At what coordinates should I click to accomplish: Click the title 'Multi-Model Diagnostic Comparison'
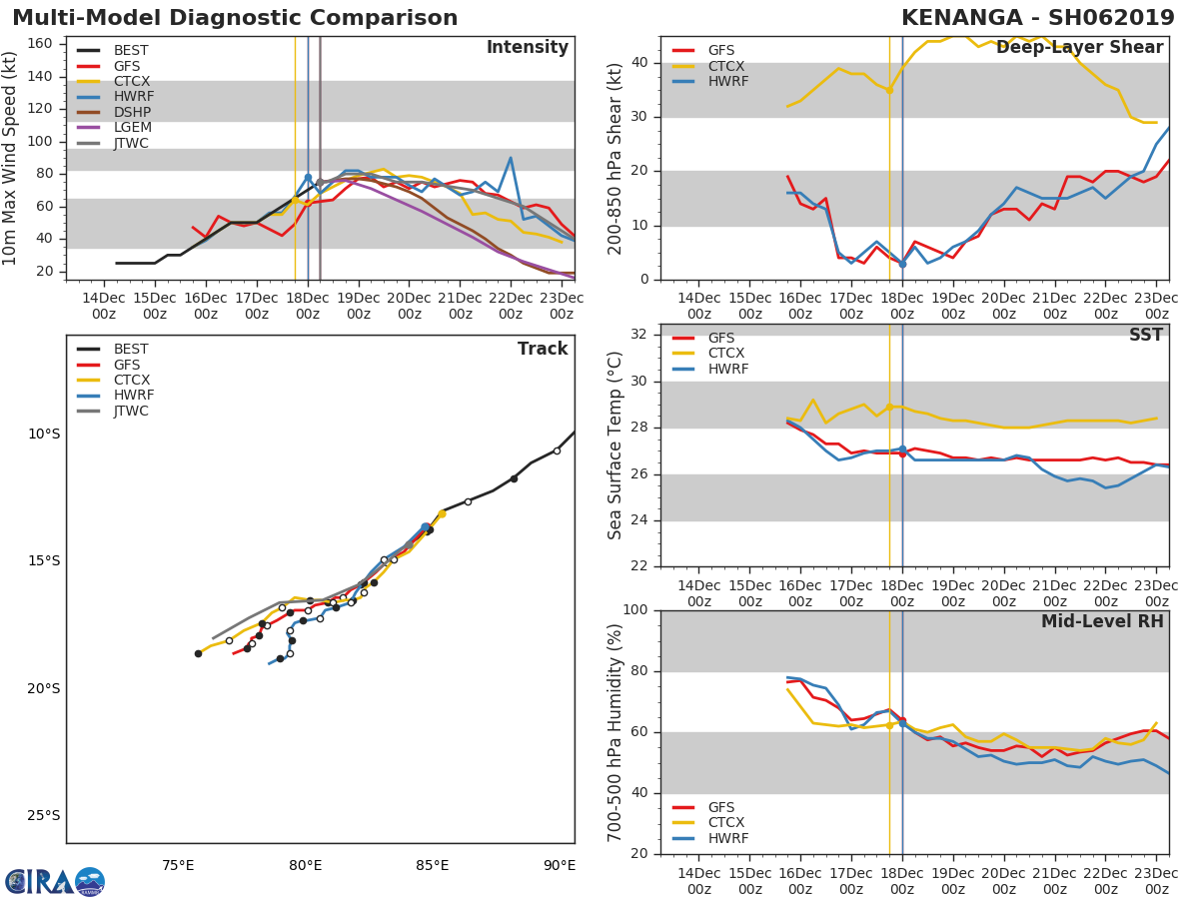pos(235,18)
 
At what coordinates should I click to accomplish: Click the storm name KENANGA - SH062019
pos(1037,18)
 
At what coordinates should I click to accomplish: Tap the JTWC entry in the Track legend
pos(131,411)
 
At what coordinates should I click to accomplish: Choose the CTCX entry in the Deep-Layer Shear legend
pos(726,66)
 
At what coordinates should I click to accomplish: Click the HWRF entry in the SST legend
pos(727,369)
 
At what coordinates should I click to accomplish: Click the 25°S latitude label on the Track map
pos(43,815)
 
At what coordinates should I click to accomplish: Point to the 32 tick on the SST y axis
pos(639,335)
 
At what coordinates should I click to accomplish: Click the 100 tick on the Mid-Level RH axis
pos(635,610)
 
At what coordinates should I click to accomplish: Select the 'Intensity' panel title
pos(527,48)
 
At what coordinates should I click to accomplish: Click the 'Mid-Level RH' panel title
pos(1102,621)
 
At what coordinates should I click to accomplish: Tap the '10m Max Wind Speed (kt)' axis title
pos(11,158)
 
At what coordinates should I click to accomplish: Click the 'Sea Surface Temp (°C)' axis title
pos(615,446)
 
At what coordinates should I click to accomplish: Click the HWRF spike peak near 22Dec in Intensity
pos(511,158)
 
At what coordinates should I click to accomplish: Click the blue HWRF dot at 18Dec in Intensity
pos(308,178)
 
